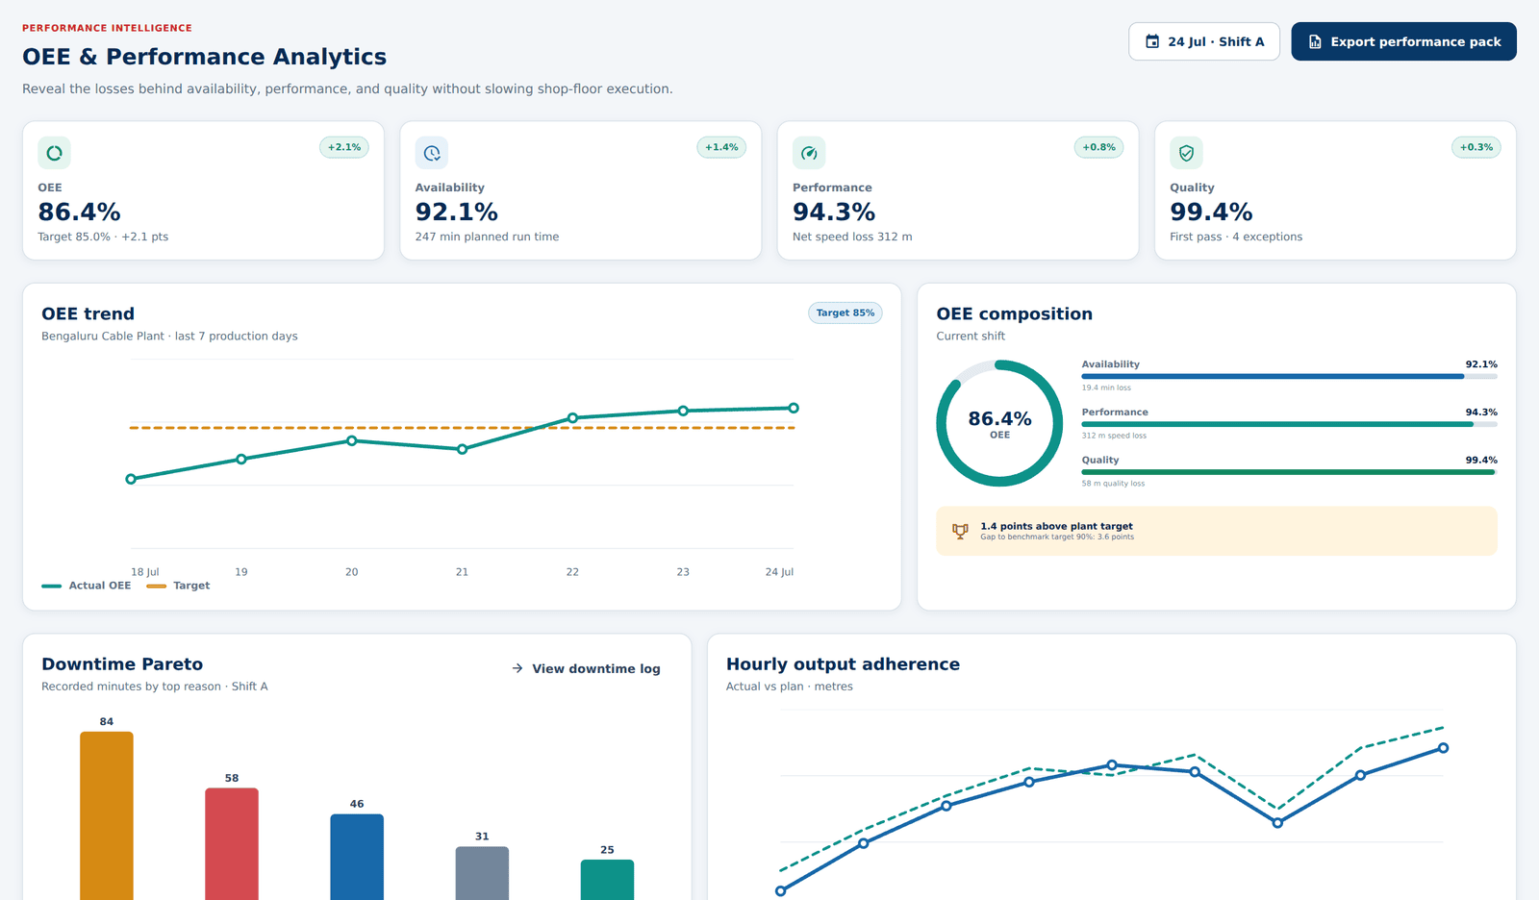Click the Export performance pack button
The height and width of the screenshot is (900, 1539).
[x=1403, y=41]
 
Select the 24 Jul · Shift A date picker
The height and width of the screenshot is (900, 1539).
[x=1203, y=41]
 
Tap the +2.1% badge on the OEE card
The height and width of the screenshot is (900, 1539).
[x=343, y=147]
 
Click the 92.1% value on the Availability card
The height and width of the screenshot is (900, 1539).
[x=456, y=212]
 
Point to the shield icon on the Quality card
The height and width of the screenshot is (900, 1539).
[x=1187, y=153]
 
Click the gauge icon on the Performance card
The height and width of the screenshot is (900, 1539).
[x=809, y=153]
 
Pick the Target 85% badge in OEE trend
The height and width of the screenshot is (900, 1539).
[x=845, y=312]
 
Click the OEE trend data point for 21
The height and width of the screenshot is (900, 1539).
[x=463, y=449]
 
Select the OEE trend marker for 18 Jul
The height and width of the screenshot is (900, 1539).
[x=131, y=479]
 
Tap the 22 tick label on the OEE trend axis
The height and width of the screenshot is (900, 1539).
[x=572, y=571]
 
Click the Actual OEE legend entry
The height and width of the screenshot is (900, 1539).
[x=86, y=586]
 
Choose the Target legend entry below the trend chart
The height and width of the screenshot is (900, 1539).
[x=178, y=586]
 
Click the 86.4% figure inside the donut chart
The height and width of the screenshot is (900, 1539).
[x=999, y=418]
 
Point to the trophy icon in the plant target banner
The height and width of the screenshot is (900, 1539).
[x=960, y=531]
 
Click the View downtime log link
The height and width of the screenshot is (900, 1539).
[x=586, y=668]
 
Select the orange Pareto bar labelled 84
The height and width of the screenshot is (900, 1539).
[x=107, y=815]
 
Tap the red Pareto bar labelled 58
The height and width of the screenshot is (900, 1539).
[x=232, y=843]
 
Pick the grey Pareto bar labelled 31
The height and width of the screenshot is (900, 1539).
[x=482, y=873]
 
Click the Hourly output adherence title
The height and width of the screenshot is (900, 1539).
[x=843, y=664]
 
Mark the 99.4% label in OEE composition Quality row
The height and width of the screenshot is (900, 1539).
[x=1481, y=460]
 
